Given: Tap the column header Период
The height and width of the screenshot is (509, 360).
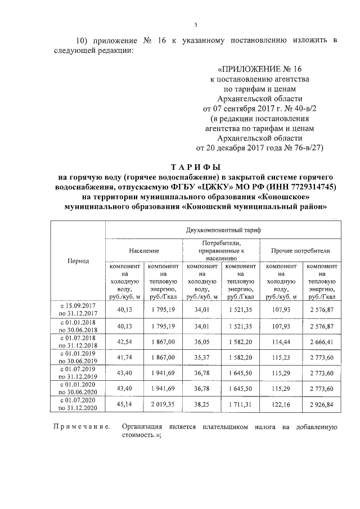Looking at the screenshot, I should (x=78, y=261).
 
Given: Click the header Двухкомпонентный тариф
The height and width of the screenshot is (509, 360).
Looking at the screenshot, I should (x=223, y=231).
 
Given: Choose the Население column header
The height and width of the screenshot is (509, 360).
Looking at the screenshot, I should (x=143, y=250).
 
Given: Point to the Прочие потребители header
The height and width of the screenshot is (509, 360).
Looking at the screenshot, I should (x=300, y=250).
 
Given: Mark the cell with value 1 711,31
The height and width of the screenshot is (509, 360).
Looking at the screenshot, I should (x=241, y=403).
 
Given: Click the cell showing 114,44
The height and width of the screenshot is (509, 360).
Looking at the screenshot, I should (x=281, y=341).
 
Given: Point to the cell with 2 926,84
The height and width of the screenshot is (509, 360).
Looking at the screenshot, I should (x=321, y=403).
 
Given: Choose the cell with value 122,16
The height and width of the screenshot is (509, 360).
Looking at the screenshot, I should (x=281, y=403).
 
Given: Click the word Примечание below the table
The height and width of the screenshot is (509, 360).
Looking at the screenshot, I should (x=79, y=427).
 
